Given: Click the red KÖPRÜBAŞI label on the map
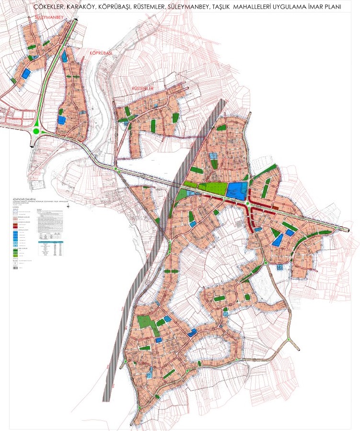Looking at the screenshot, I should pos(100,53).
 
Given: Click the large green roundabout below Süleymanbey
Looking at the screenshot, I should pos(36,131).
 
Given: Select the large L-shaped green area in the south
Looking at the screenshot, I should pos(147,324).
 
